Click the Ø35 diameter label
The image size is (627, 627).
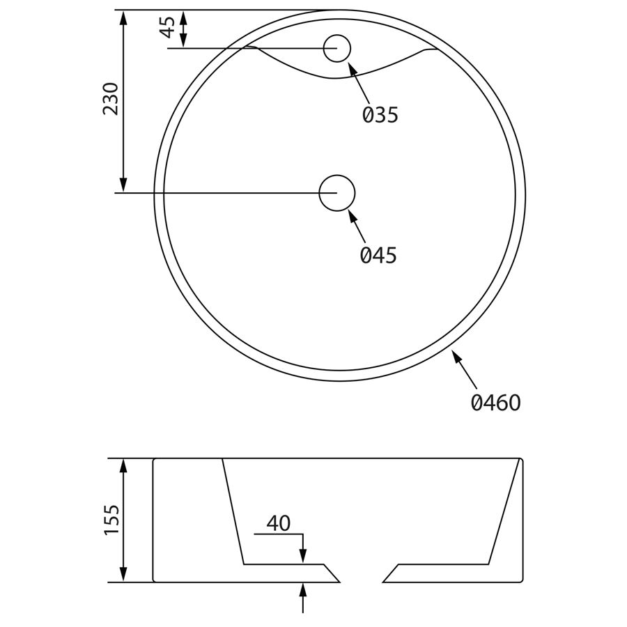click(380, 115)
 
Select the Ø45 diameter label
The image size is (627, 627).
click(378, 255)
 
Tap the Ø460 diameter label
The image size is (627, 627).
click(496, 402)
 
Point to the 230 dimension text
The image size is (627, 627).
click(111, 99)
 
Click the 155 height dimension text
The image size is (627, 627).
click(111, 519)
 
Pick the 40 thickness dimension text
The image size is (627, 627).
click(279, 523)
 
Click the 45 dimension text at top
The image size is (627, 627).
click(167, 27)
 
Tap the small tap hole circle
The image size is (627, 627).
click(337, 48)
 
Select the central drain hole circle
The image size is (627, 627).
click(337, 193)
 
